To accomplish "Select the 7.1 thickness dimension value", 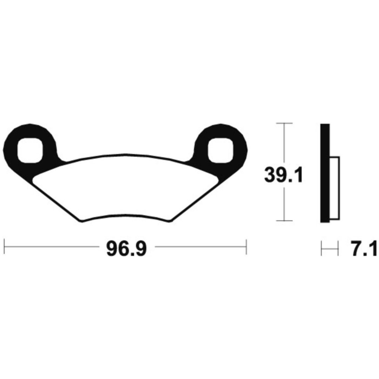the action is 364,249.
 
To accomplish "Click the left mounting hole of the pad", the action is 30,151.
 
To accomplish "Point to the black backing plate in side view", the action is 325,173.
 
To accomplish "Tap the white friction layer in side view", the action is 334,188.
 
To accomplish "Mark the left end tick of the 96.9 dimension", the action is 5,247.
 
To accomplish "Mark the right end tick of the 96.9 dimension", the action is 246,247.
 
